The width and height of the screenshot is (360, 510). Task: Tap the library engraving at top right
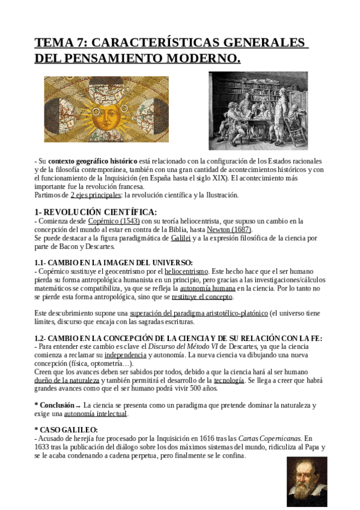(x=258, y=111)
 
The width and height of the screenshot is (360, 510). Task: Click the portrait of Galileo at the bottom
(x=307, y=481)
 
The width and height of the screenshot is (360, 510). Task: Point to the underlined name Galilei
(x=180, y=238)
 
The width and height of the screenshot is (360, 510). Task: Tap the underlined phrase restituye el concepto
(x=203, y=296)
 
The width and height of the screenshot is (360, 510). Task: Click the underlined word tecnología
(x=229, y=381)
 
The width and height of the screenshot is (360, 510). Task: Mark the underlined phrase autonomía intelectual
(x=96, y=414)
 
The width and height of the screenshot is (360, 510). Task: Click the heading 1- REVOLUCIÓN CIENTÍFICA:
(x=96, y=212)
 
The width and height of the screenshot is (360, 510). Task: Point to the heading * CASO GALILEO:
(x=66, y=429)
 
